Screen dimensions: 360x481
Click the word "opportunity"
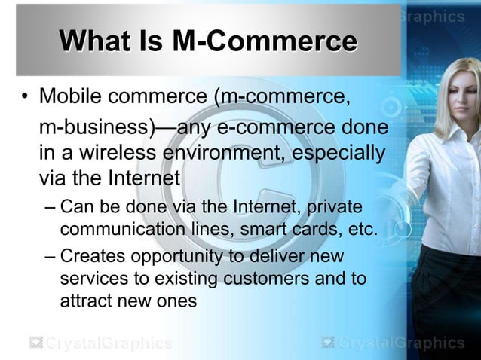176,257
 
